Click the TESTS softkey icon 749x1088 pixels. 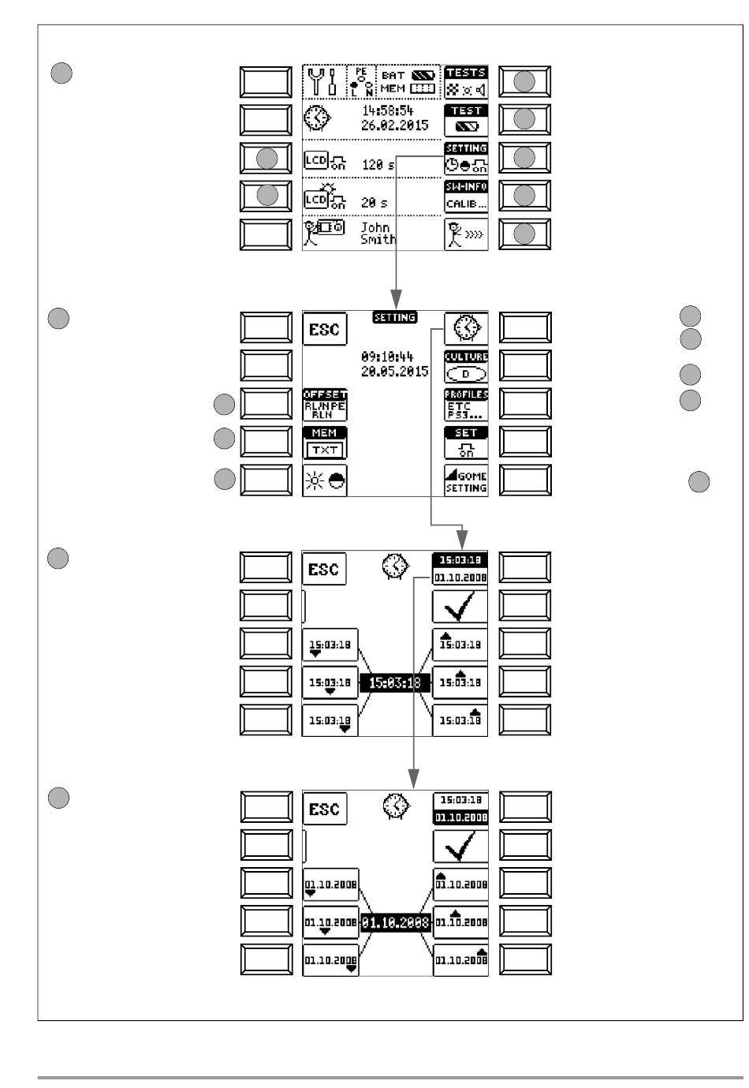(466, 81)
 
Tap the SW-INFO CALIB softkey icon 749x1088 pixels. (466, 196)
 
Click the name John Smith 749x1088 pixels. (378, 234)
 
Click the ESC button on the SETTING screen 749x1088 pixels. (324, 329)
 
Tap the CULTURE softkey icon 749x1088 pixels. (466, 367)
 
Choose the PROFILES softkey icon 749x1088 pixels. (466, 405)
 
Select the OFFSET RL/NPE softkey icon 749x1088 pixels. (325, 405)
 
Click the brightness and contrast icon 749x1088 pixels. (324, 480)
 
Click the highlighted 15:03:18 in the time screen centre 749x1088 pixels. (395, 683)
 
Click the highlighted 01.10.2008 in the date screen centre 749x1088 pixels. (395, 922)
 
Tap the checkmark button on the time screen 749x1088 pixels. (460, 607)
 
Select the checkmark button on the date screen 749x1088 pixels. (460, 847)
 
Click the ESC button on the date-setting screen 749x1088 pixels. (324, 809)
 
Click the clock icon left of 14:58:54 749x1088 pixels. (319, 120)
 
